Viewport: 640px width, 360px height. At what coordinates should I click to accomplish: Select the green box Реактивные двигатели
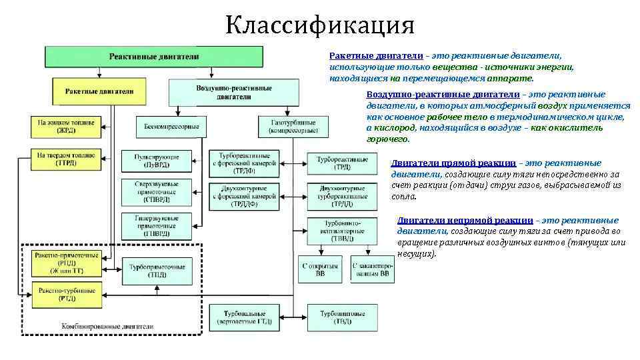click(x=154, y=57)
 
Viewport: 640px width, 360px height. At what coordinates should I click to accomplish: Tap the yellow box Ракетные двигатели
click(x=100, y=91)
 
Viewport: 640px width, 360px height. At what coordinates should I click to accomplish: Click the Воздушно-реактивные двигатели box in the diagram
click(x=224, y=92)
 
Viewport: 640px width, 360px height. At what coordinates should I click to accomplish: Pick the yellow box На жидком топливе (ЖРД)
click(x=66, y=127)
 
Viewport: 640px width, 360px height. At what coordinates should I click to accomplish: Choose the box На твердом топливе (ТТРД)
click(x=66, y=159)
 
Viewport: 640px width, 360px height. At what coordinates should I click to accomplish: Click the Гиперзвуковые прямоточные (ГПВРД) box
click(x=156, y=226)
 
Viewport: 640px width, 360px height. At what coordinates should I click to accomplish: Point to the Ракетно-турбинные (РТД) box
click(x=67, y=294)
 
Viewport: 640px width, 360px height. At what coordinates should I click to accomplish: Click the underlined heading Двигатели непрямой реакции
click(x=465, y=220)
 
